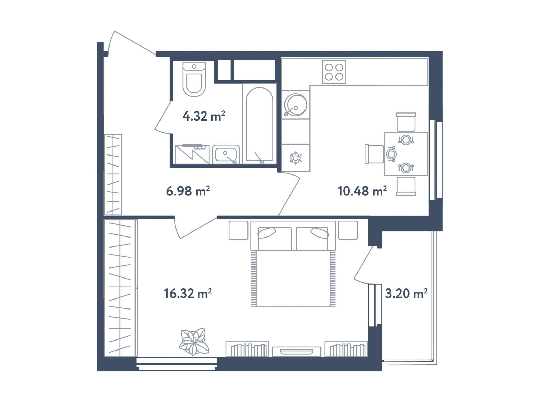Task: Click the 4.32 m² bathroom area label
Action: coord(204,116)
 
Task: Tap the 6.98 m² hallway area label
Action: coord(188,191)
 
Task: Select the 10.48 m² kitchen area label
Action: coord(362,191)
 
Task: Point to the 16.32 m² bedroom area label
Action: coord(188,293)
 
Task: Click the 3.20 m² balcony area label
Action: coord(406,293)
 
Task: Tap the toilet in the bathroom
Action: coord(194,79)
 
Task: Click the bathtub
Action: coord(260,124)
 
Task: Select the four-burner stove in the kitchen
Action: coord(334,72)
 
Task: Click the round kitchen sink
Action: coord(296,105)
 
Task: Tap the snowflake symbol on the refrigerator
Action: coord(296,158)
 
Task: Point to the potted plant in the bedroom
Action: coord(194,341)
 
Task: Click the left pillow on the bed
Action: coord(267,233)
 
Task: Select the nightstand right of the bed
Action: coord(348,230)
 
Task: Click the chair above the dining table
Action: coord(406,122)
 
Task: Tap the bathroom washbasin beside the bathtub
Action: coord(226,154)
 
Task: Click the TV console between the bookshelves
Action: coord(297,352)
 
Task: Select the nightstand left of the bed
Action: coord(238,230)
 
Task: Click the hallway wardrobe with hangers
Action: coord(113,175)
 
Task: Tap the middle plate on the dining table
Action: coord(391,154)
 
